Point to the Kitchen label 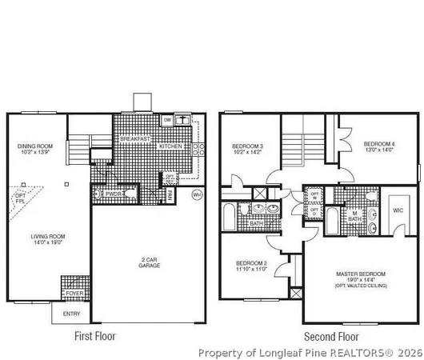[x=170, y=146]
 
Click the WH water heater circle [x=198, y=194]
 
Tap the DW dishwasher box [x=167, y=120]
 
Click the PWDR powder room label [x=113, y=194]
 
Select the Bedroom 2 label [x=250, y=266]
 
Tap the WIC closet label [x=398, y=212]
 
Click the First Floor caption [x=97, y=336]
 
